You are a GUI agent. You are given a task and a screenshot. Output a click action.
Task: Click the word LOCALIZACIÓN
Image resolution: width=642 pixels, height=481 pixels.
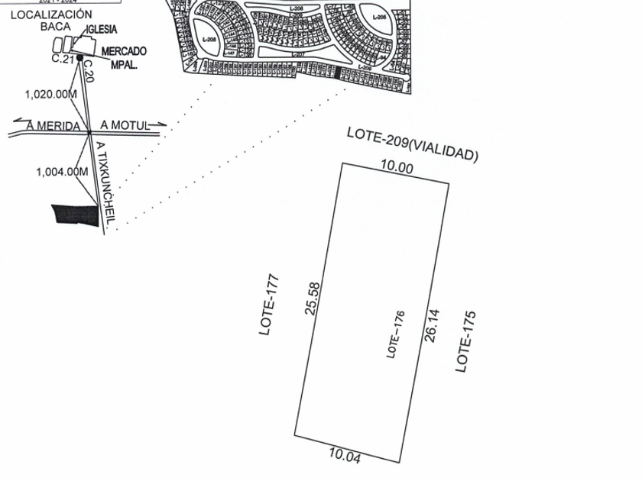click(51, 15)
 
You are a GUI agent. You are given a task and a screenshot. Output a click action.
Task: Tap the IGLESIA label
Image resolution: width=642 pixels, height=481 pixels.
click(102, 29)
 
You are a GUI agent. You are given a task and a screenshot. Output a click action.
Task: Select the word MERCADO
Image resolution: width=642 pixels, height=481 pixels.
click(124, 51)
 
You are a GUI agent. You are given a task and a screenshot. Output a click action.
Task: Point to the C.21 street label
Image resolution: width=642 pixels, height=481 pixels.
click(63, 58)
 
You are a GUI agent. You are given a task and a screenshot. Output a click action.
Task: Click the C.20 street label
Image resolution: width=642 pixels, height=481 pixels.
click(87, 71)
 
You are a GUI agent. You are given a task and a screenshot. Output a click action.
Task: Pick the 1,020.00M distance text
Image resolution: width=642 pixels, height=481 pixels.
click(51, 95)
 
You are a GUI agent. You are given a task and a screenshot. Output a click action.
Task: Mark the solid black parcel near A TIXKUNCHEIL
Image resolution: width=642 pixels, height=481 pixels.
click(75, 215)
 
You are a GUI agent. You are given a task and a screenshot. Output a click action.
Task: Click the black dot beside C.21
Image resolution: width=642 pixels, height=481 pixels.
click(79, 57)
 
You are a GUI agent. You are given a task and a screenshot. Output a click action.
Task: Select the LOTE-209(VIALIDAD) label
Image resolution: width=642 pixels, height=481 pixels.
click(413, 144)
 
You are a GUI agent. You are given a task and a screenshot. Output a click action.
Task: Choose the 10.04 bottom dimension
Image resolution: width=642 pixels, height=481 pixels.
click(345, 456)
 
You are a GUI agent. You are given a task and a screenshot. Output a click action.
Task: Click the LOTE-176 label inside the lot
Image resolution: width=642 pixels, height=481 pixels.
click(395, 334)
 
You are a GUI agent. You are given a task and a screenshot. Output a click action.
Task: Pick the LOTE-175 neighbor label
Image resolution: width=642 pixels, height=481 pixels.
click(465, 341)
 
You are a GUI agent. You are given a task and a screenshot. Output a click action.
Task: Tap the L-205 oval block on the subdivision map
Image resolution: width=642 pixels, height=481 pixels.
click(379, 18)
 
